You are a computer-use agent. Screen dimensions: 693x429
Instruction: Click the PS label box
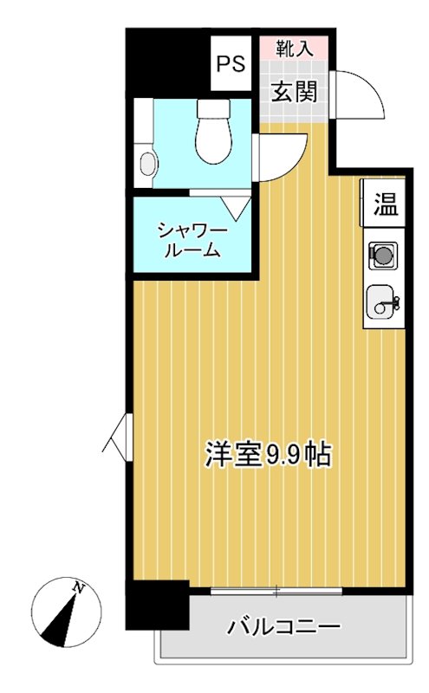pyautogui.click(x=231, y=63)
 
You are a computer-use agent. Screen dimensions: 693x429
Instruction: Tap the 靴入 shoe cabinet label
pyautogui.click(x=295, y=49)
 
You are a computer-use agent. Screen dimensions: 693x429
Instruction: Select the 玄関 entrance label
pyautogui.click(x=295, y=91)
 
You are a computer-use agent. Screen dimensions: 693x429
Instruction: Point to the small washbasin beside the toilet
pyautogui.click(x=147, y=162)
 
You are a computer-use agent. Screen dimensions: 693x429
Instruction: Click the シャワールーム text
pyautogui.click(x=192, y=241)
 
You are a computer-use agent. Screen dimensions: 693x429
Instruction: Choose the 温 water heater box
pyautogui.click(x=384, y=205)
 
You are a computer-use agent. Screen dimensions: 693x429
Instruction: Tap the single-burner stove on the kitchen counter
pyautogui.click(x=382, y=255)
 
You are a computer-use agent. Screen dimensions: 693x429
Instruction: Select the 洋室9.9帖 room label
pyautogui.click(x=268, y=454)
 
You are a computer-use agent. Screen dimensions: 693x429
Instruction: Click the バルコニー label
pyautogui.click(x=283, y=626)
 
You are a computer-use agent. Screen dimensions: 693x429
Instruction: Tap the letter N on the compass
pyautogui.click(x=79, y=588)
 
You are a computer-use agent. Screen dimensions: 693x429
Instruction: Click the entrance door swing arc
pyautogui.click(x=360, y=95)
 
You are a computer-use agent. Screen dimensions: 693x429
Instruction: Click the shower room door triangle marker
pyautogui.click(x=235, y=206)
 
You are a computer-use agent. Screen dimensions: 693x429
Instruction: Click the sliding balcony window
pyautogui.click(x=276, y=592)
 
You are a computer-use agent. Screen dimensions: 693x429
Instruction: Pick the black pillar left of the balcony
pyautogui.click(x=157, y=605)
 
